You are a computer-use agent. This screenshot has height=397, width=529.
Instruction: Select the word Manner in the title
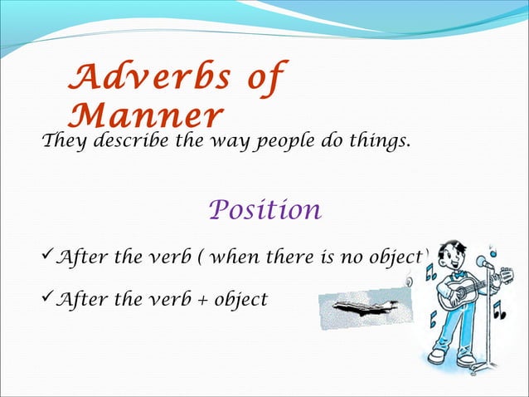(x=148, y=115)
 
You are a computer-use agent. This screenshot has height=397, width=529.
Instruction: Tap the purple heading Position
(x=264, y=209)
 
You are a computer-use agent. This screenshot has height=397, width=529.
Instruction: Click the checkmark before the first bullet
(x=46, y=257)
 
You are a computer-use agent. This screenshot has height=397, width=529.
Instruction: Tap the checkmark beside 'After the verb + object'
(x=46, y=298)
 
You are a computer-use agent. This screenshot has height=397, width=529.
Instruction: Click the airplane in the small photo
(x=361, y=308)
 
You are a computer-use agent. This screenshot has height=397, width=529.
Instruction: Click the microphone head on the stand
(x=483, y=261)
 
